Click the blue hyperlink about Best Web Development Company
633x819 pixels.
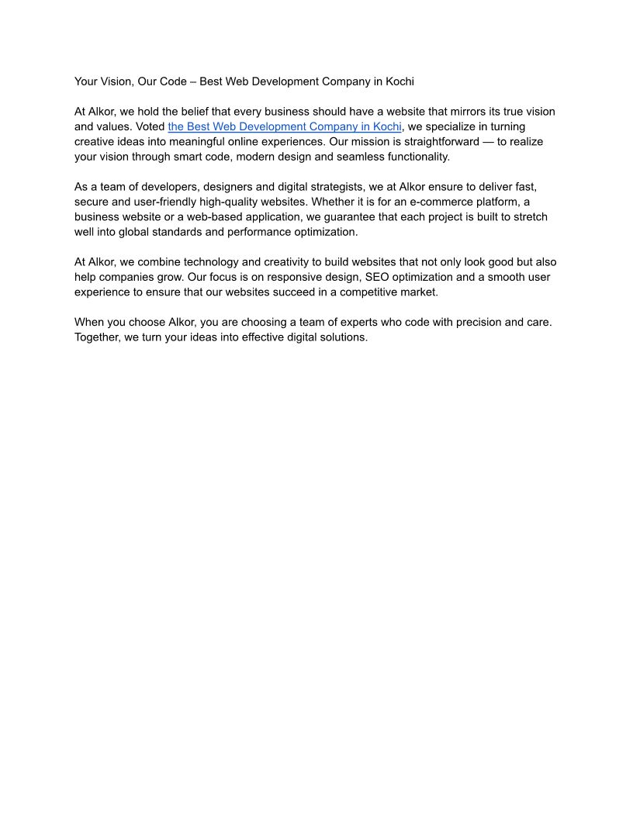pos(285,126)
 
